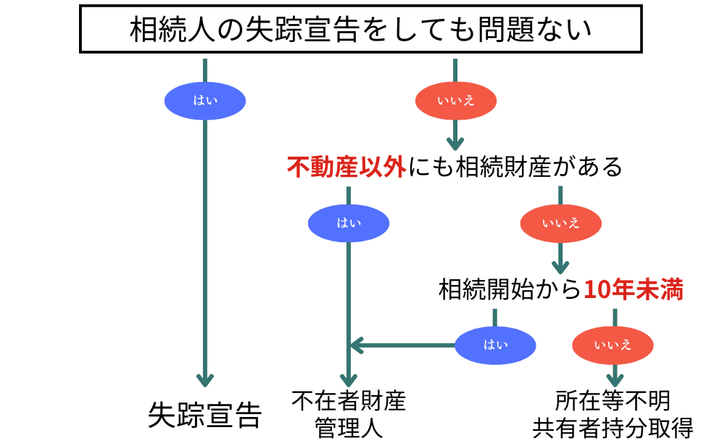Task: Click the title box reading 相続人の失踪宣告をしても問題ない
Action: click(x=360, y=30)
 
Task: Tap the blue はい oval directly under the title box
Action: click(x=205, y=100)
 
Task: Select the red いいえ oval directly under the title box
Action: click(x=455, y=100)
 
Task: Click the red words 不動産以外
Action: click(x=347, y=168)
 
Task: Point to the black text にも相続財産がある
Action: click(x=515, y=168)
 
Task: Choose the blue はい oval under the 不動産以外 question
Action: click(x=349, y=223)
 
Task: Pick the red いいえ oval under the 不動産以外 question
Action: click(x=560, y=223)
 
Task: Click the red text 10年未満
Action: click(x=634, y=289)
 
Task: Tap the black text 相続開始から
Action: click(x=510, y=289)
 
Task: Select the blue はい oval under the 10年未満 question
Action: click(x=496, y=344)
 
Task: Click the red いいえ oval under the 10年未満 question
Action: click(x=613, y=344)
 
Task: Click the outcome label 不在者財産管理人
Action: click(x=349, y=413)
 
